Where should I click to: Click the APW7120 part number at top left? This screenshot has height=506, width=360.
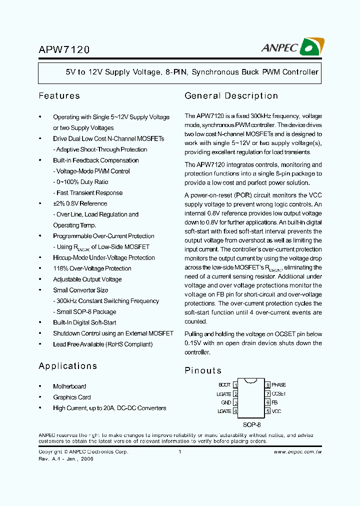[64, 50]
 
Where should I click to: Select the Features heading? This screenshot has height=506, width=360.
[59, 96]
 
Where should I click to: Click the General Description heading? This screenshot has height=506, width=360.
[231, 96]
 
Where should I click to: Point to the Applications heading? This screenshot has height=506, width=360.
[67, 366]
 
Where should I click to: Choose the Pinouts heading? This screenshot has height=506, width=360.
[203, 370]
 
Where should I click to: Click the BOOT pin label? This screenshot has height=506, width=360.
[224, 385]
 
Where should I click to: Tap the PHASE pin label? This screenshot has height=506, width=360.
[278, 385]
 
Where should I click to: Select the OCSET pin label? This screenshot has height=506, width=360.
[278, 394]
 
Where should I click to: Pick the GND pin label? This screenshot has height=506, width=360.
[226, 402]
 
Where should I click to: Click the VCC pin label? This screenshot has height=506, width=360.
[276, 411]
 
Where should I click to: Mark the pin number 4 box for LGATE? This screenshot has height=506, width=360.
[235, 411]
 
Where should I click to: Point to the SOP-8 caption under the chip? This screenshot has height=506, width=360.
[251, 424]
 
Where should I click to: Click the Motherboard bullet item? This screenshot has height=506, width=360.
[69, 386]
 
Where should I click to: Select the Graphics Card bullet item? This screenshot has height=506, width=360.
[72, 397]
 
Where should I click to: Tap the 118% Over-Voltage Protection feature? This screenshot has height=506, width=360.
[92, 268]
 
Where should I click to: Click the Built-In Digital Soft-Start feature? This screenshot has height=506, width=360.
[84, 322]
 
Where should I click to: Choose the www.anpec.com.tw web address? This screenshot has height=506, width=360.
[297, 451]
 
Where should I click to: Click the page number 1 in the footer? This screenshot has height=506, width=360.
[179, 451]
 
